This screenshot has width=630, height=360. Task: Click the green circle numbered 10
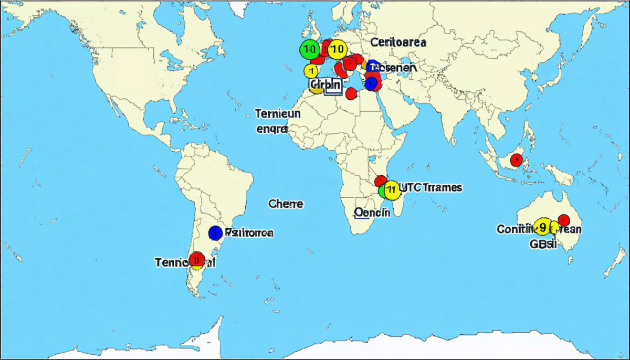tap(309, 49)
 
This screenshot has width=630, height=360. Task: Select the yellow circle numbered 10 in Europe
tap(335, 49)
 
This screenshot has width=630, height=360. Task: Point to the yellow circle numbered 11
tap(391, 190)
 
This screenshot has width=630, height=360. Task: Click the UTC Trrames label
tap(430, 187)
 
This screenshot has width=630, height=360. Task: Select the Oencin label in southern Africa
tap(372, 213)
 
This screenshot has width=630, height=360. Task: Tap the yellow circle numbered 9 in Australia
tap(543, 227)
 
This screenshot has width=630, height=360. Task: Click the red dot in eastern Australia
tap(564, 220)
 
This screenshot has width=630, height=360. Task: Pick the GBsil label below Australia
tap(543, 243)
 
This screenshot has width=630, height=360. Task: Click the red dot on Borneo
tap(517, 160)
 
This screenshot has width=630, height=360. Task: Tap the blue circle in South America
tap(215, 233)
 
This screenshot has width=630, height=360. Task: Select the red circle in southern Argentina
tap(197, 259)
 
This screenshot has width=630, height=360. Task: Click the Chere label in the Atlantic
tap(286, 204)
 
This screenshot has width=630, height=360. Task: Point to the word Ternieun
tap(278, 113)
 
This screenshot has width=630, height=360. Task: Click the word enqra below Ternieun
tap(272, 129)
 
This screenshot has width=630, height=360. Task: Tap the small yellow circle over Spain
tap(311, 71)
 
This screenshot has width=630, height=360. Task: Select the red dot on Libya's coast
tap(351, 94)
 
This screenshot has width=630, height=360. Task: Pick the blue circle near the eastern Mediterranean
tap(371, 83)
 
